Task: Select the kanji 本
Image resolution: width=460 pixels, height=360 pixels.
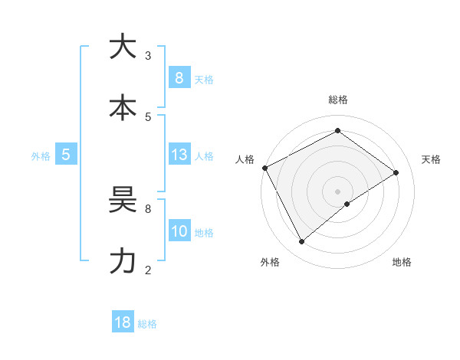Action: (x=123, y=107)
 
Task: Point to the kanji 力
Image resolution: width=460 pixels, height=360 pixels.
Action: (x=123, y=261)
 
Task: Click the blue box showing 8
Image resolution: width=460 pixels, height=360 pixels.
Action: (x=179, y=78)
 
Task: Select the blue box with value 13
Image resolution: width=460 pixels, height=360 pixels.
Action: (x=179, y=155)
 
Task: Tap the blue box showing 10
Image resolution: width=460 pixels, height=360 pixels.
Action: (x=179, y=231)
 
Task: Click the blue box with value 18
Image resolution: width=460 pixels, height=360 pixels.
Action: (x=123, y=322)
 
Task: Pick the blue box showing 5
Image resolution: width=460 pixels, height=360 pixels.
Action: (x=66, y=155)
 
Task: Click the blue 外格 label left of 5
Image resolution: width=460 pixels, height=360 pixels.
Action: (x=41, y=155)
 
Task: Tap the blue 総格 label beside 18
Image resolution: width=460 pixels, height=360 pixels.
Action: (x=147, y=324)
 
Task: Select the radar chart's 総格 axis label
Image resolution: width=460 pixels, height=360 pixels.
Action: (x=337, y=100)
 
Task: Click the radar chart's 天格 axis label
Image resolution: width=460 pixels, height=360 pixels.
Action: (x=431, y=159)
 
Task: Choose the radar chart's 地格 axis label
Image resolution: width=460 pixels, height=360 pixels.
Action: (x=402, y=262)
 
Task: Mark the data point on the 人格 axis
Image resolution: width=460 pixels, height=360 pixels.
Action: (x=264, y=168)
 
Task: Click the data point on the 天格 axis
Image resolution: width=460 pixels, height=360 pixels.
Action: (x=396, y=172)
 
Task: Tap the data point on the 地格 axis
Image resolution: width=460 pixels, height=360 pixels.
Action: (x=347, y=204)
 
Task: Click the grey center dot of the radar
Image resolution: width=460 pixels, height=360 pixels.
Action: (x=337, y=191)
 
